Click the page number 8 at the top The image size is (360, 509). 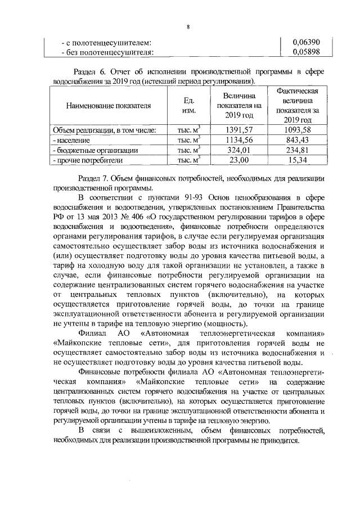[188, 27]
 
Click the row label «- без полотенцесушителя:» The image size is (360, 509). [107, 53]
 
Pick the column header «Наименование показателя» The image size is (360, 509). [109, 105]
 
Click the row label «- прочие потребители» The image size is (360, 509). [87, 161]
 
